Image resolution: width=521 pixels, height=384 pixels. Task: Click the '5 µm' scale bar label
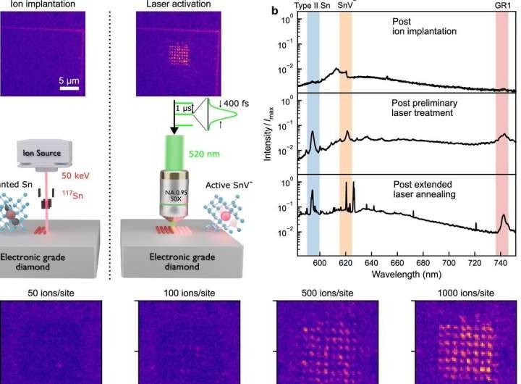(x=69, y=80)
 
